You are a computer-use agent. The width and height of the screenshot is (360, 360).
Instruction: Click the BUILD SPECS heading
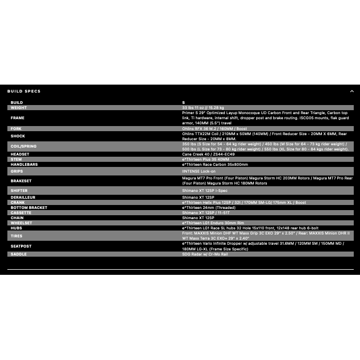[x=24, y=91]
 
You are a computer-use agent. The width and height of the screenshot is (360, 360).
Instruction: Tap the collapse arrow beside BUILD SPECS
[x=351, y=91]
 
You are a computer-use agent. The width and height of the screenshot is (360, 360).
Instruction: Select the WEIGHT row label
[x=19, y=107]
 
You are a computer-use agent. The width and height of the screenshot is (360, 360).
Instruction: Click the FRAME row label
[x=18, y=118]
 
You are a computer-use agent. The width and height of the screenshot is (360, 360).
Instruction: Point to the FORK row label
[x=16, y=129]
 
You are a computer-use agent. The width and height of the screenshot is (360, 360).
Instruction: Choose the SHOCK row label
[x=18, y=136]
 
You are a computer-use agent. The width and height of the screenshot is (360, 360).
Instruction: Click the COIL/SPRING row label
[x=24, y=146]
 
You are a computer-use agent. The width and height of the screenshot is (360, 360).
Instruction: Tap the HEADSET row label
[x=20, y=154]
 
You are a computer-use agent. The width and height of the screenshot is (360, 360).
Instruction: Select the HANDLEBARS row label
[x=24, y=165]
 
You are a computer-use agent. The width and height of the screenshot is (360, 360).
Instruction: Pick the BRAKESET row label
[x=22, y=181]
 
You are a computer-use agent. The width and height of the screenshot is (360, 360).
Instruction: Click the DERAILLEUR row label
[x=23, y=197]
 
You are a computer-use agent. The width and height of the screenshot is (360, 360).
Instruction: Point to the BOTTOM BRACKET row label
[x=29, y=207]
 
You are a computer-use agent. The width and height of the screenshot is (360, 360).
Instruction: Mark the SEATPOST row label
[x=21, y=246]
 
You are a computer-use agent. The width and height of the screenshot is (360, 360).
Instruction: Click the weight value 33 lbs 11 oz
[x=203, y=107]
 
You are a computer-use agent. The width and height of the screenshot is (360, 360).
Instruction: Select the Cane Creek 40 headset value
[x=208, y=154]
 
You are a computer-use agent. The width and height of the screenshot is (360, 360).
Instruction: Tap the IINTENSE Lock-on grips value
[x=199, y=170]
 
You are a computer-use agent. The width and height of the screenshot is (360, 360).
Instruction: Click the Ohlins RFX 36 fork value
[x=214, y=129]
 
